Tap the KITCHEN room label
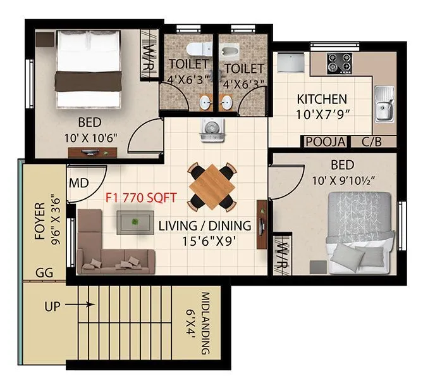[322, 99]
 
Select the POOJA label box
[325, 142]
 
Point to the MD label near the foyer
[78, 184]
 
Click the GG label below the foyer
[44, 272]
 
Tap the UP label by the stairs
[54, 306]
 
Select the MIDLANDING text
[206, 323]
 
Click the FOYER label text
[40, 222]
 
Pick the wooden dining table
[212, 185]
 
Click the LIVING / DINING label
[204, 225]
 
